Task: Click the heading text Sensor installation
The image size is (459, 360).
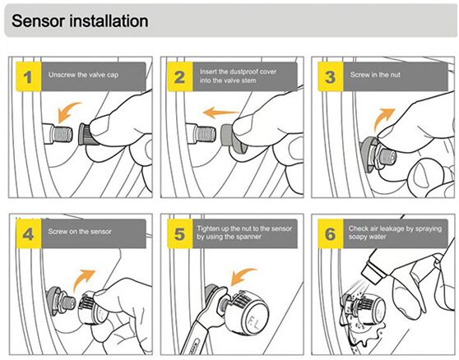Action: pos(80,21)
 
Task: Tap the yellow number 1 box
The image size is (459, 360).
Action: pos(29,76)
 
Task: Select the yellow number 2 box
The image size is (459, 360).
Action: pos(180,76)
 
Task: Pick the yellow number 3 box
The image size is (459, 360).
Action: pos(331,76)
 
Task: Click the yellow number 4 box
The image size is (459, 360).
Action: pos(29,233)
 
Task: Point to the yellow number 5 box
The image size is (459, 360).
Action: pos(180,233)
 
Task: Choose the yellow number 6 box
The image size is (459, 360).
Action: pos(331,233)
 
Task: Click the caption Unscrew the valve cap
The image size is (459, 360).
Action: pos(83,75)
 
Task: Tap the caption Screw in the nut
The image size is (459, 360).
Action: pos(375,75)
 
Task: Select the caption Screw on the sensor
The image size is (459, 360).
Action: pos(80,232)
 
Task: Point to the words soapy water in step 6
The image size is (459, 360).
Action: pos(367,237)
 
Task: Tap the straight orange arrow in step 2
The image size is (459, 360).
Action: pos(221,113)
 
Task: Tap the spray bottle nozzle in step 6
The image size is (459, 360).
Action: pos(373,271)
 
